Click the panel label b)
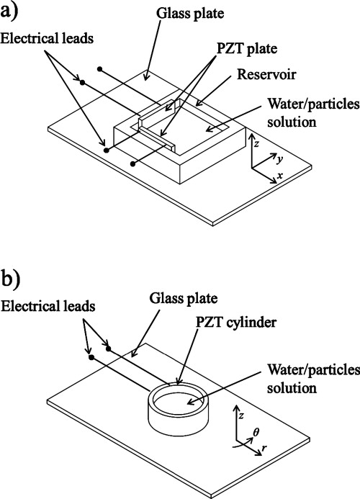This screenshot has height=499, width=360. click(x=15, y=277)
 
